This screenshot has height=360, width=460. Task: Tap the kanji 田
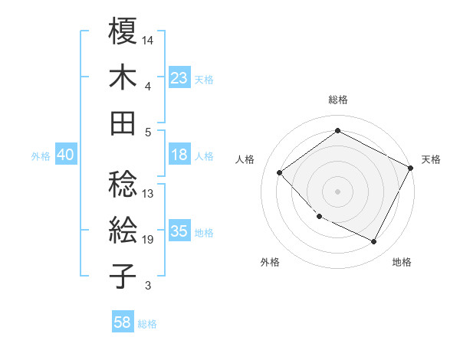click(123, 123)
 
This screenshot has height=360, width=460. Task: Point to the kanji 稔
click(123, 183)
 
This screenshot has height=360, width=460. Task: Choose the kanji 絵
click(123, 229)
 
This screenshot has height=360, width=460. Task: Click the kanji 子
click(123, 276)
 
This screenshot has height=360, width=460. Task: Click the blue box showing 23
click(179, 77)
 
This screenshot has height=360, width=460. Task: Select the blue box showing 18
click(179, 155)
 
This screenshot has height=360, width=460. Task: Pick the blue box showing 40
click(65, 155)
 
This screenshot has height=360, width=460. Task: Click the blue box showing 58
click(123, 322)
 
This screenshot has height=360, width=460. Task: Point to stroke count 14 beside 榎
click(149, 39)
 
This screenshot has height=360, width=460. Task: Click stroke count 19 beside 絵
click(149, 240)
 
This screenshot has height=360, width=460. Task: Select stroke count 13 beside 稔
click(149, 193)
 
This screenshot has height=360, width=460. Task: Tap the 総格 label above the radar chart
click(338, 100)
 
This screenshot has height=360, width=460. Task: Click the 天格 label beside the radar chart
click(431, 159)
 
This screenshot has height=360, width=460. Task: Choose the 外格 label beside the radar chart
click(270, 262)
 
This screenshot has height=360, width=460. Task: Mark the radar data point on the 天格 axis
click(410, 168)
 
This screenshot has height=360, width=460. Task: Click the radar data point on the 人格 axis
click(280, 172)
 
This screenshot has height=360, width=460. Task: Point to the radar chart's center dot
click(337, 191)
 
